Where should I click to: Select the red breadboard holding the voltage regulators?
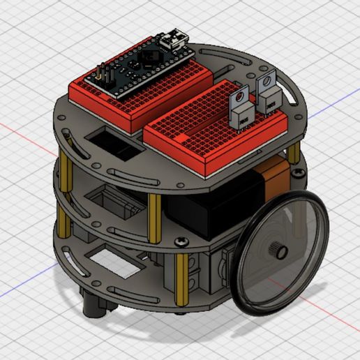216,126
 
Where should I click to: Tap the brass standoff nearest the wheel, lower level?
183,279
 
